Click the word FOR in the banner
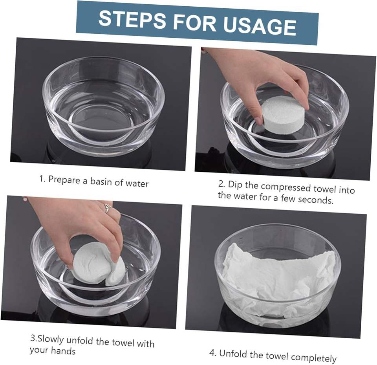click(x=195, y=22)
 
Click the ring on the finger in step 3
click(x=107, y=208)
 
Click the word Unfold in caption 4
click(x=233, y=354)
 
